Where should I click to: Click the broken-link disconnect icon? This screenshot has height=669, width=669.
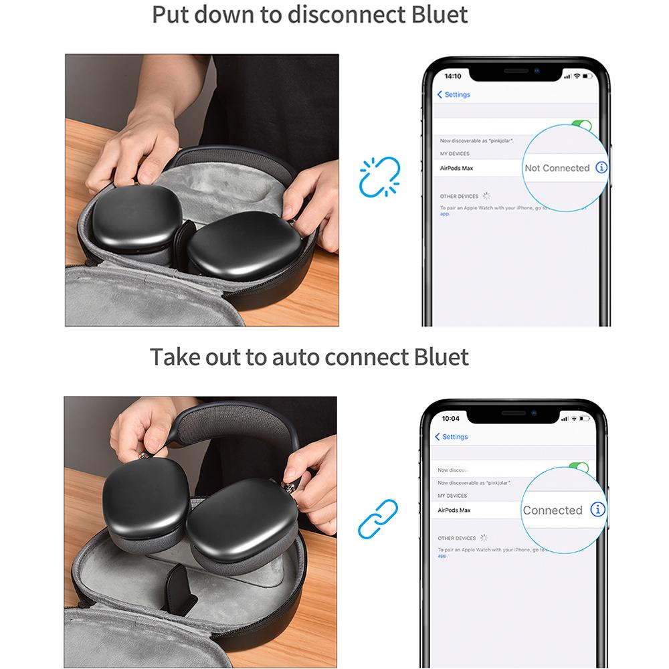pos(379,177)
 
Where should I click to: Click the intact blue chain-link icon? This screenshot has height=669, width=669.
pos(378,519)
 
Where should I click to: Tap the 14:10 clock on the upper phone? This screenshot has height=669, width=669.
pos(453,76)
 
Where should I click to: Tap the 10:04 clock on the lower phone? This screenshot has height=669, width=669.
pos(451,418)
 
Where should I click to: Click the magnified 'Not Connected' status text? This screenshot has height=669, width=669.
pos(557,168)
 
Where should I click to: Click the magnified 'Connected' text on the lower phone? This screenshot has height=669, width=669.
pos(553,510)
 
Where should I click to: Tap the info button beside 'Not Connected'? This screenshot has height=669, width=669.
pos(601,167)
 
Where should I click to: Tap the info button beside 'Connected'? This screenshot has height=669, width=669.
pos(598,509)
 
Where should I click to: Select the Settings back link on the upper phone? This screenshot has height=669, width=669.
pos(454,95)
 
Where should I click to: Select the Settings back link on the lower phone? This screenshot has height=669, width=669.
pos(452,437)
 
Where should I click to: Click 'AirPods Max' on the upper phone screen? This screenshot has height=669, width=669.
pos(457,168)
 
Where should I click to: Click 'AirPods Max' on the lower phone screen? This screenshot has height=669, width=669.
pos(454,510)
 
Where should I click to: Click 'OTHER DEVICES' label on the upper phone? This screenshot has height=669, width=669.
pos(459,196)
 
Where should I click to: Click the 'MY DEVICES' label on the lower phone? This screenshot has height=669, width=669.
pos(452,496)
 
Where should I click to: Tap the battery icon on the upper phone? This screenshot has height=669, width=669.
pos(587,76)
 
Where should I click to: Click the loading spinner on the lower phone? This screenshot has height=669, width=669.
pos(484,537)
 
